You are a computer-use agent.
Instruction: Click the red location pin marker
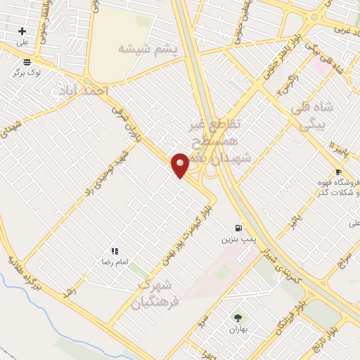click(x=180, y=165)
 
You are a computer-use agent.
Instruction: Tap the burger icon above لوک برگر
click(x=27, y=61)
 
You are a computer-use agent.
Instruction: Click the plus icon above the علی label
click(x=22, y=31)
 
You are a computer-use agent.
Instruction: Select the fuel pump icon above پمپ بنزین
click(x=239, y=228)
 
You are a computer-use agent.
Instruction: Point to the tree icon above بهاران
click(x=237, y=318)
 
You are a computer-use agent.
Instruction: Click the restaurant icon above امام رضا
click(x=114, y=251)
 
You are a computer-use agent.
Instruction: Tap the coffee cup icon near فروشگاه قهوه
click(x=339, y=172)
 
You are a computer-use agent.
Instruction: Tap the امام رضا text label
click(x=113, y=262)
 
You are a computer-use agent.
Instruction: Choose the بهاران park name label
click(x=238, y=328)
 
